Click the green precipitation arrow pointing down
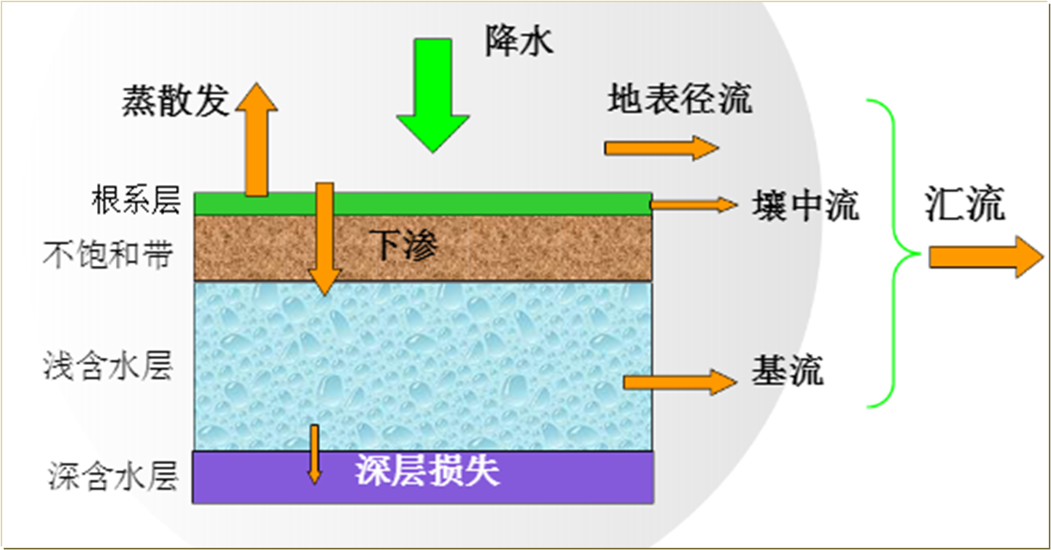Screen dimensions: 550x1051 (x=433, y=95)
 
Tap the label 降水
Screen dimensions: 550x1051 (x=519, y=41)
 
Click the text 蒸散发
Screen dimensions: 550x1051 (x=176, y=102)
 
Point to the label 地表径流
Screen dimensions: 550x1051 (x=679, y=99)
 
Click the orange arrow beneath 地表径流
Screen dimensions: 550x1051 (x=661, y=148)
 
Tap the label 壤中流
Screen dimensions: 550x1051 (x=805, y=205)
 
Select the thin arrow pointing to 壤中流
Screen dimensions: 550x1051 (x=694, y=205)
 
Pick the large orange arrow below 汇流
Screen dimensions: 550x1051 (x=985, y=257)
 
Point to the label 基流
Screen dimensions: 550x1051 (x=787, y=370)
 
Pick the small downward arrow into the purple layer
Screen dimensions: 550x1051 (x=314, y=454)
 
